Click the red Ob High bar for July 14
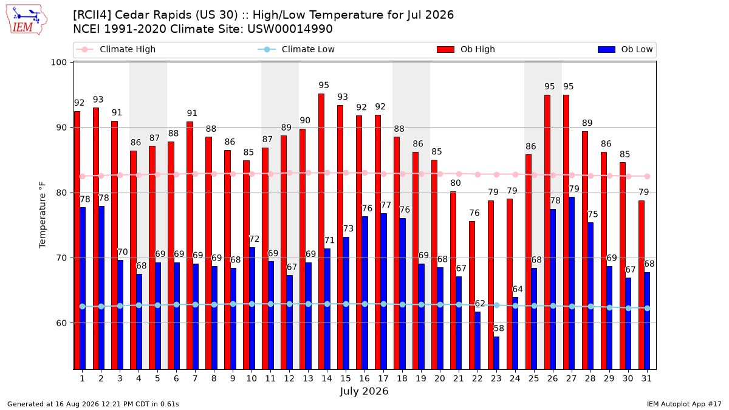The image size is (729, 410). (321, 231)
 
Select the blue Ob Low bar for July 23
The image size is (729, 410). (496, 353)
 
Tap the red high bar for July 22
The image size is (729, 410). (472, 295)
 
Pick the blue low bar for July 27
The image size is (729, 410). (572, 284)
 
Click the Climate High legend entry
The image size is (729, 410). (115, 49)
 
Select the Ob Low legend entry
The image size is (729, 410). (625, 49)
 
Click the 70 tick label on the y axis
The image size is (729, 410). (61, 258)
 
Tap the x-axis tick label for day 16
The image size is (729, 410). (364, 378)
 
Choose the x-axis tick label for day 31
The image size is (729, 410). (646, 378)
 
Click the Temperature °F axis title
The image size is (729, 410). (43, 215)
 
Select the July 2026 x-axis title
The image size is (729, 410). (364, 391)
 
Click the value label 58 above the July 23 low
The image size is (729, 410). (499, 329)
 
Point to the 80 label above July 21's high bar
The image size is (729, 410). (455, 183)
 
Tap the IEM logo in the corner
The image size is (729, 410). (26, 20)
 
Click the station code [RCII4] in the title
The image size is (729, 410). (92, 15)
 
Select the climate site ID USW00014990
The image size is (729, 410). (290, 29)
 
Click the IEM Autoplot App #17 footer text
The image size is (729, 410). (684, 404)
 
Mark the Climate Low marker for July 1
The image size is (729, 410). (83, 307)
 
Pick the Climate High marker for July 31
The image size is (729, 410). (648, 176)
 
